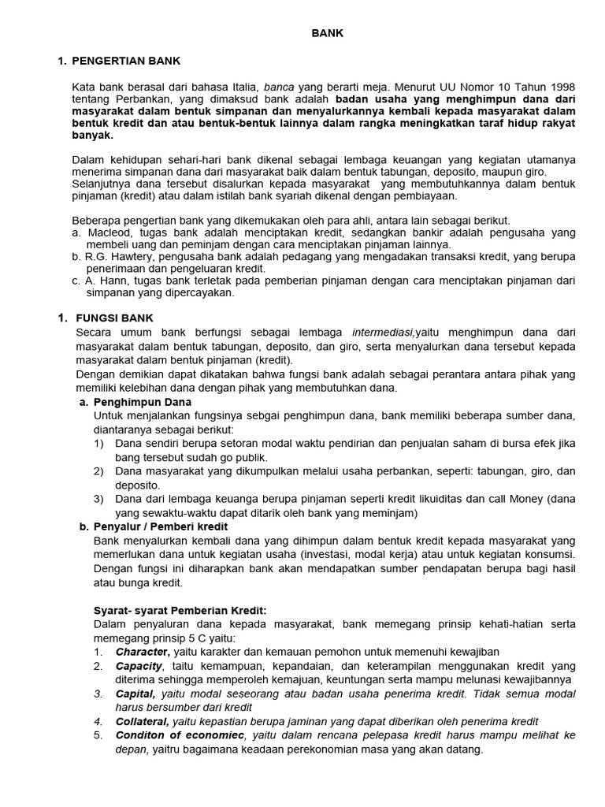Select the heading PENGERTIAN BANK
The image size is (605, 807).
(126, 61)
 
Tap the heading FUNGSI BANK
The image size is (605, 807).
(114, 318)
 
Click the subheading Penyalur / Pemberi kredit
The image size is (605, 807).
(161, 526)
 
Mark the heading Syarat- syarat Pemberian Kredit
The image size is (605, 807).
(180, 610)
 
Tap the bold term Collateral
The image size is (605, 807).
(142, 721)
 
